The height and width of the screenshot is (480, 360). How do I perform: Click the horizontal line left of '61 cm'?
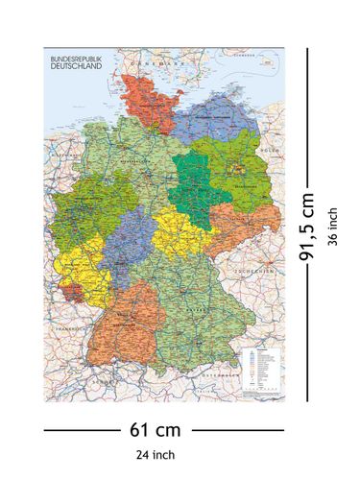coord(85,429)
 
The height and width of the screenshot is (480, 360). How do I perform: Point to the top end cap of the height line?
coord(307,50)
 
